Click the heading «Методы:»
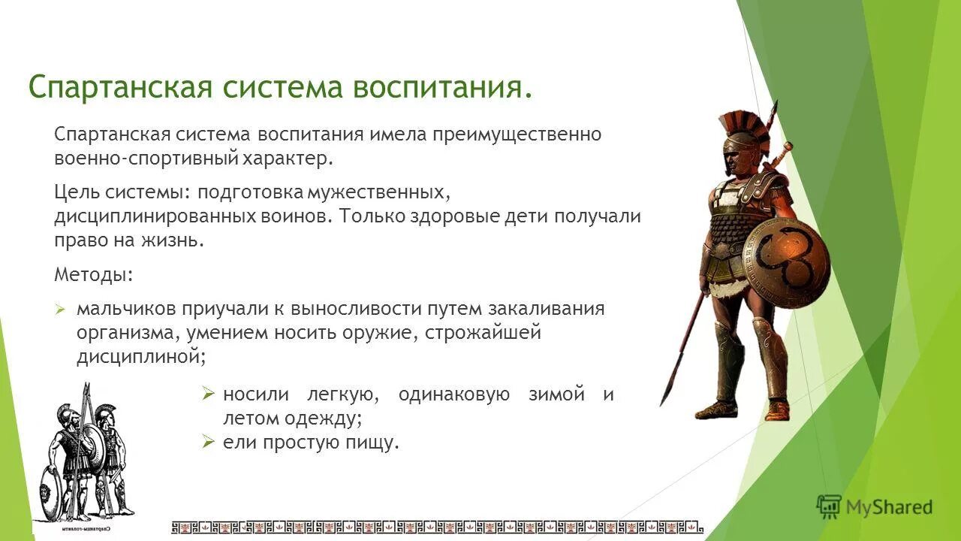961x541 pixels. tap(94, 275)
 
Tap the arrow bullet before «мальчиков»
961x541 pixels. tap(62, 310)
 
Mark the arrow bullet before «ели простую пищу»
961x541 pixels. tap(209, 443)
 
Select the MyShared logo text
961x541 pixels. tap(889, 507)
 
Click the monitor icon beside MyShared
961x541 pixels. tap(829, 507)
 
